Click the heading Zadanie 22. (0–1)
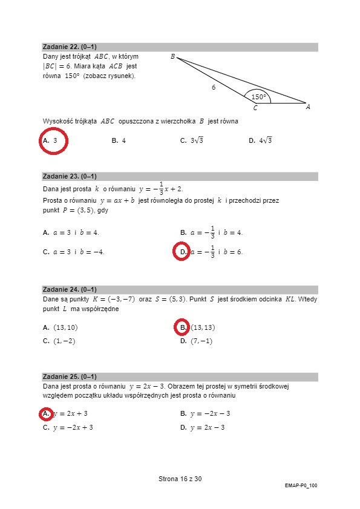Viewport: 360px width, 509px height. coord(70,47)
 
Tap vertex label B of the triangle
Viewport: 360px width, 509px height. coord(172,57)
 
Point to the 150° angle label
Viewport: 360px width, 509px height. coord(258,96)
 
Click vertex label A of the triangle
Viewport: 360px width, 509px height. coord(308,107)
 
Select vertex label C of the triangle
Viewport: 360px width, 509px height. coord(255,108)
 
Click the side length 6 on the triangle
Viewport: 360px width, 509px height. coord(214,87)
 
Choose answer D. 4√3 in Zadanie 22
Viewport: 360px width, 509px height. coord(261,140)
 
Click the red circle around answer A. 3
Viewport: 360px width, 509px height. coord(54,140)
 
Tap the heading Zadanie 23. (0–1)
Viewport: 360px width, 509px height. coord(70,176)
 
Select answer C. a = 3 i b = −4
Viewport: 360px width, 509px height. coord(74,252)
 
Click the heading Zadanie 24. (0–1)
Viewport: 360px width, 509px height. coord(70,289)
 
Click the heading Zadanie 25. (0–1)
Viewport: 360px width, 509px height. coord(70,376)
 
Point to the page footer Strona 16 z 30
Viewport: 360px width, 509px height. coord(180,479)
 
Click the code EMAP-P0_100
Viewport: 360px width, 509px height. coord(301,485)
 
